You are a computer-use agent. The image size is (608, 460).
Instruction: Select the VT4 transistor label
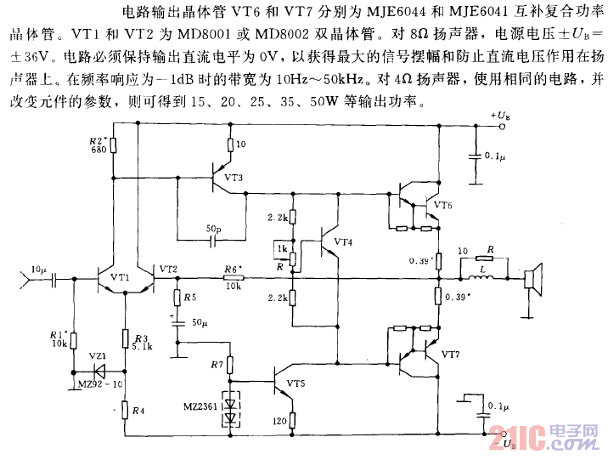click(343, 242)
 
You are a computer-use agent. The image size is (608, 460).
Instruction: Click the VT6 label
click(442, 205)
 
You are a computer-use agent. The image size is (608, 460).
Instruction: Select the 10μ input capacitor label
click(40, 269)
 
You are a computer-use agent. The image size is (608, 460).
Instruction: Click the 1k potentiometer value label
click(281, 249)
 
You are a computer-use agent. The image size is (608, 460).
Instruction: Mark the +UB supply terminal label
click(500, 114)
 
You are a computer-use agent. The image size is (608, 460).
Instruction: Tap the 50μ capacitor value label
click(200, 324)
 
